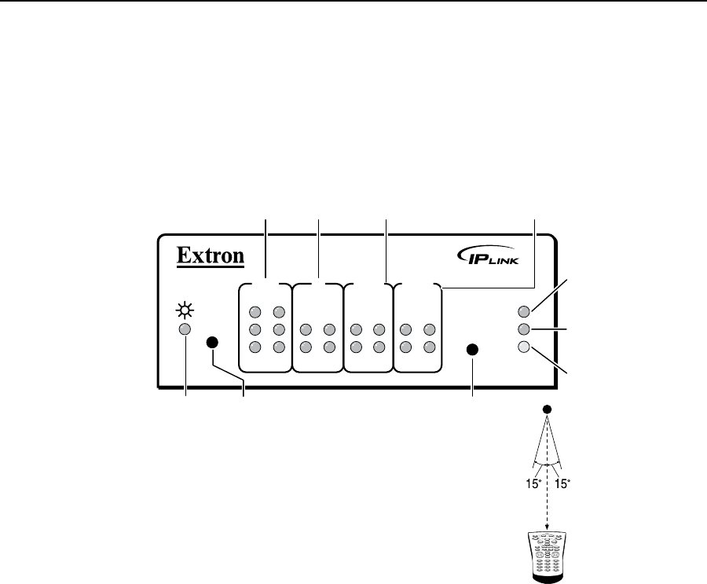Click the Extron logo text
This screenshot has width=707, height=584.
(x=210, y=255)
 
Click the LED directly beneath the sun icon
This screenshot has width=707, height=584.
(x=185, y=330)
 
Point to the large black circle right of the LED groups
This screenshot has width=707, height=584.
(x=473, y=350)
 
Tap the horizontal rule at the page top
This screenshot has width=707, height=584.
(x=353, y=2)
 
